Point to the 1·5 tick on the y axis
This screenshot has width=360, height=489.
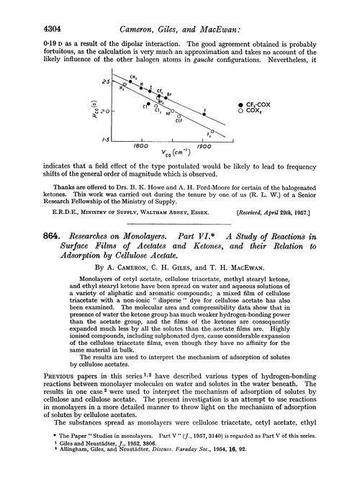(x=106, y=137)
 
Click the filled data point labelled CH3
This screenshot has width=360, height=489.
(x=129, y=81)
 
